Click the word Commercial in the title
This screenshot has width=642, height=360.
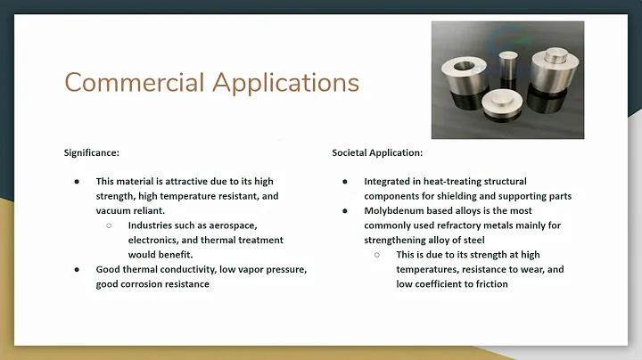pos(129,83)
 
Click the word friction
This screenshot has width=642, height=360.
pos(489,283)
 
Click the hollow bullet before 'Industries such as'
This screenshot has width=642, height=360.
pos(109,225)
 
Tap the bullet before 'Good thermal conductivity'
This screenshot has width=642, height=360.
pos(78,269)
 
